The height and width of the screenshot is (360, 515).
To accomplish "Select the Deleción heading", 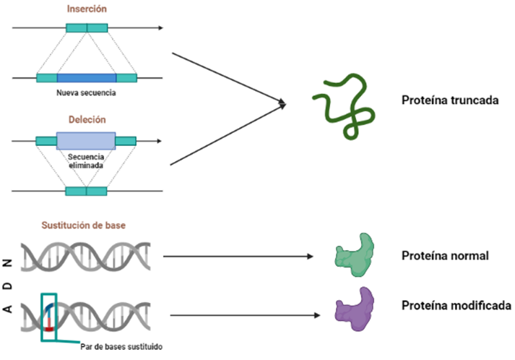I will [x=87, y=119].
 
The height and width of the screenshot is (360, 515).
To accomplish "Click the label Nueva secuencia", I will [x=86, y=93].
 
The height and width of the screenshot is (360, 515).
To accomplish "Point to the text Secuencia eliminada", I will [x=85, y=160].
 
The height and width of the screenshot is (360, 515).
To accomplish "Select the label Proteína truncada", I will [x=449, y=100].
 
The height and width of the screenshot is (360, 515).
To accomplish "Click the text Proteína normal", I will [x=446, y=256].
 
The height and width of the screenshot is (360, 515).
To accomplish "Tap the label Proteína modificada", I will [x=456, y=306].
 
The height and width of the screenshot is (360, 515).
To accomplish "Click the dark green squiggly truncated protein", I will [x=344, y=105].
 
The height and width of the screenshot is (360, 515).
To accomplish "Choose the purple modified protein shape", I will [x=355, y=309].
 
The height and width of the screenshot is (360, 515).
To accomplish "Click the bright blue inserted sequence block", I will [x=87, y=77].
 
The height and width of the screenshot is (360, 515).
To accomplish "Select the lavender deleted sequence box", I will [x=85, y=141].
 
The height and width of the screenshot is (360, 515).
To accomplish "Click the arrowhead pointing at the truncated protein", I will [x=282, y=106].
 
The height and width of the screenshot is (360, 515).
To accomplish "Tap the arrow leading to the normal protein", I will [x=238, y=256].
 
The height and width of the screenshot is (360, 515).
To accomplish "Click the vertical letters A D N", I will [x=9, y=286].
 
